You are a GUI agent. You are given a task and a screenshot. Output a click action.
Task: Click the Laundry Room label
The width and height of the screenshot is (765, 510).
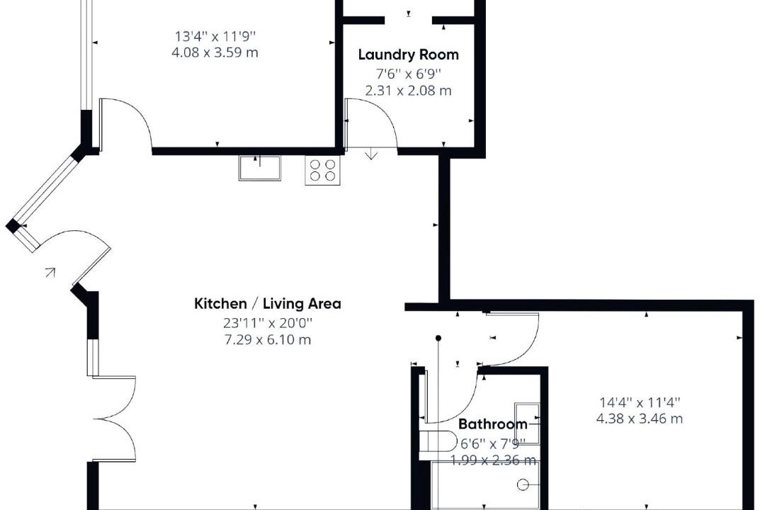(x=409, y=55)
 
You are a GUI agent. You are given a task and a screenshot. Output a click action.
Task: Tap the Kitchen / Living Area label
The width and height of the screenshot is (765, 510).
(x=268, y=304)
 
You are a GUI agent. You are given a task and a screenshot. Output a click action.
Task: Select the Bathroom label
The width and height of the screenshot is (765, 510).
(x=493, y=424)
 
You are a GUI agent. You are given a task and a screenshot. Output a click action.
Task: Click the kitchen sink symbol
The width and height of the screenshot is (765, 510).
(x=259, y=168)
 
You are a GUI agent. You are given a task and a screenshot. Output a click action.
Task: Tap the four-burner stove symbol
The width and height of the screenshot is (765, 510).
(x=323, y=170)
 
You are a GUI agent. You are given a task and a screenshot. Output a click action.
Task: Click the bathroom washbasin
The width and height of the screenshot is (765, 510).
(x=527, y=423)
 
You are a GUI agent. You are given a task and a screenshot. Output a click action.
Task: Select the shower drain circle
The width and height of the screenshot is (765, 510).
(x=523, y=484)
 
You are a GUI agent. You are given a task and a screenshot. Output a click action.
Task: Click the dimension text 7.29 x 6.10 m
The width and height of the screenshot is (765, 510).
(x=267, y=340)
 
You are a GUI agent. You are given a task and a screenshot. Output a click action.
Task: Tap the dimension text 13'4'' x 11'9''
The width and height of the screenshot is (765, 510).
(x=215, y=36)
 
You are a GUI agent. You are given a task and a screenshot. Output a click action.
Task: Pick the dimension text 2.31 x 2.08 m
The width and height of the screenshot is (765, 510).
(x=409, y=91)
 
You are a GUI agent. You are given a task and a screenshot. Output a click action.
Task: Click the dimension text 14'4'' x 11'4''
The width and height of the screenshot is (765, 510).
(x=640, y=402)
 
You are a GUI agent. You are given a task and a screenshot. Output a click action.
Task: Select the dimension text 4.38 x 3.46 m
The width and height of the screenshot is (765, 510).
(x=640, y=419)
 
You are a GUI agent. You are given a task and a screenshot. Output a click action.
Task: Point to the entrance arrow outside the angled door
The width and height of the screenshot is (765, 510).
(x=50, y=272)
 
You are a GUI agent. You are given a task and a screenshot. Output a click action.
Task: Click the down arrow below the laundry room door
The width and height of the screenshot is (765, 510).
(x=372, y=154)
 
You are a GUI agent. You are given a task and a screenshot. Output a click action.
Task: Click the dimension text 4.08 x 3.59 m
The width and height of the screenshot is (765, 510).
(x=215, y=52)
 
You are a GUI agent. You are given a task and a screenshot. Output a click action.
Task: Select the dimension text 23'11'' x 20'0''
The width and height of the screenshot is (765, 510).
(x=268, y=323)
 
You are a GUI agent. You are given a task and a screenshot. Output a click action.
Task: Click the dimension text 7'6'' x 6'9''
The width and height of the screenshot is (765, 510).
(x=409, y=74)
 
